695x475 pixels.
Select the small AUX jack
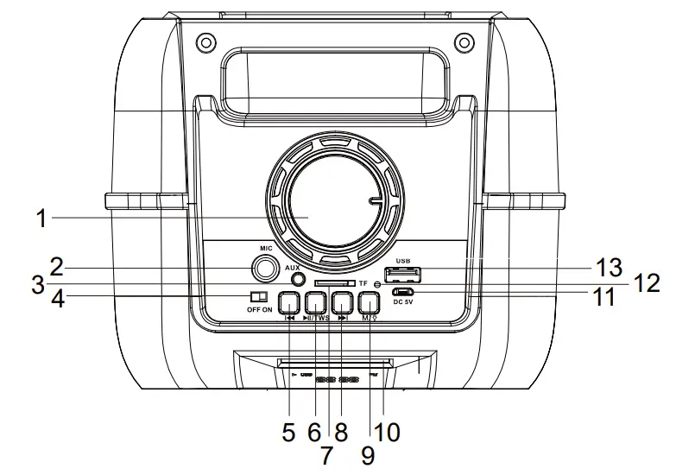tap(298, 279)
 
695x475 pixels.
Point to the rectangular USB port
tap(403, 275)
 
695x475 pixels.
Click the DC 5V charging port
tap(404, 292)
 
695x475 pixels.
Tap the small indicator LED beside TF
tap(377, 285)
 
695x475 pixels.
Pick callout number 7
tap(325, 454)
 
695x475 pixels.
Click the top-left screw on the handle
tap(205, 41)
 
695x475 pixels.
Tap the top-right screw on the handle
tap(464, 41)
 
